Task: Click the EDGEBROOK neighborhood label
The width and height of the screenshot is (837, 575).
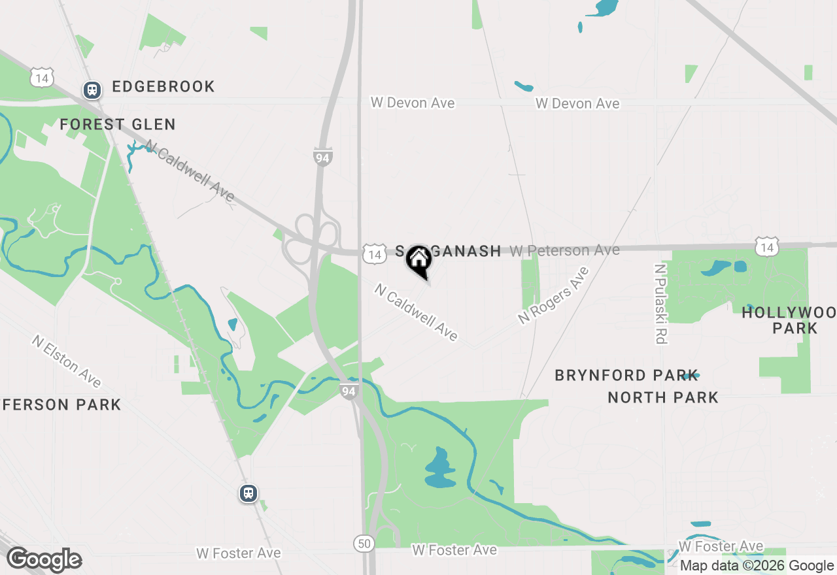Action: coord(163,87)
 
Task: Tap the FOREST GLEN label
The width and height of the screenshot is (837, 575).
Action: coord(118,124)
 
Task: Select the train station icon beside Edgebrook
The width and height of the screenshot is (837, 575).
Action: coord(92,90)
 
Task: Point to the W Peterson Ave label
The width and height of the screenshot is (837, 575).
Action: coord(564,250)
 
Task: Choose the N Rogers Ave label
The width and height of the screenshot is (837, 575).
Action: coord(553,295)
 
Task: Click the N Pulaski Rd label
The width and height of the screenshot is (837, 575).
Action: coord(660,303)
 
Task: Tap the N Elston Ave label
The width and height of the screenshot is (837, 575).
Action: coord(67,361)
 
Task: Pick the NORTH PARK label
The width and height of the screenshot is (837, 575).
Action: coord(663,397)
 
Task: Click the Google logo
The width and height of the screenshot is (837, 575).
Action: coord(44,560)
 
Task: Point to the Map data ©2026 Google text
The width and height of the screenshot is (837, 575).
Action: coord(757,566)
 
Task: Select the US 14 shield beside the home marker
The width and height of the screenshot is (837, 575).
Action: coord(374,254)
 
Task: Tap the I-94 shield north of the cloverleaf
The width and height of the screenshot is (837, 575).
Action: coord(322,157)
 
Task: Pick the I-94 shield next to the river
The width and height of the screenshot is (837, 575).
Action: coord(349,391)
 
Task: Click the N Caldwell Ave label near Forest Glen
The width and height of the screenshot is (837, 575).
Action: coord(190,171)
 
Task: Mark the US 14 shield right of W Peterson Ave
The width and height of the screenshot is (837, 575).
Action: coord(766,247)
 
